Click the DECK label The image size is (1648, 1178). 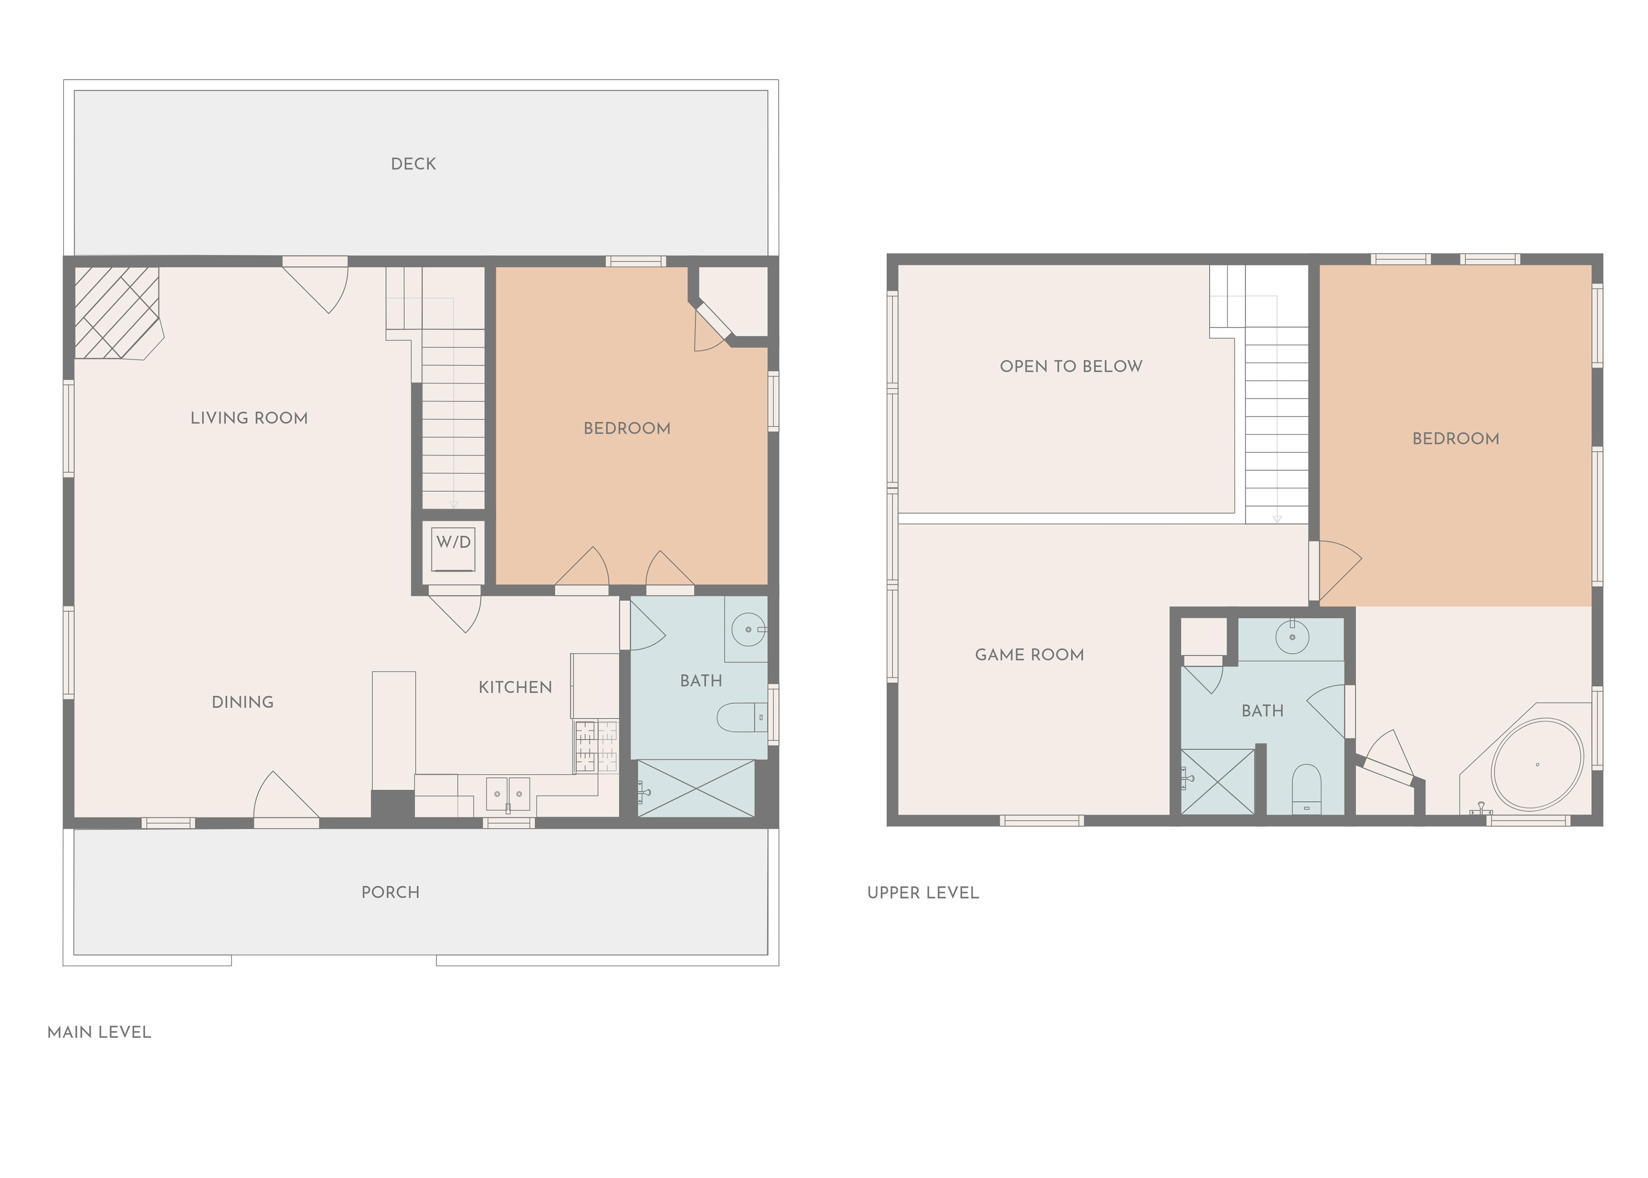pos(413,164)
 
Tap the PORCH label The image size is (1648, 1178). pos(390,892)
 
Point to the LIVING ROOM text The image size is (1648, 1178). pos(249,418)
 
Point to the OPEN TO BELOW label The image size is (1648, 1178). pos(1071,366)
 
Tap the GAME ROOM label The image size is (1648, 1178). pos(1029,655)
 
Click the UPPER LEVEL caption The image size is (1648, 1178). pos(923,893)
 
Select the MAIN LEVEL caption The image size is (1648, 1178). pos(99,1032)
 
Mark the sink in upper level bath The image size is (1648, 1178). pos(1292,638)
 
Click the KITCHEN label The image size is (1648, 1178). pos(515,687)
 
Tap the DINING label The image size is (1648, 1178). pos(242,702)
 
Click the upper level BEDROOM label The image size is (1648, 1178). pos(1455,439)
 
